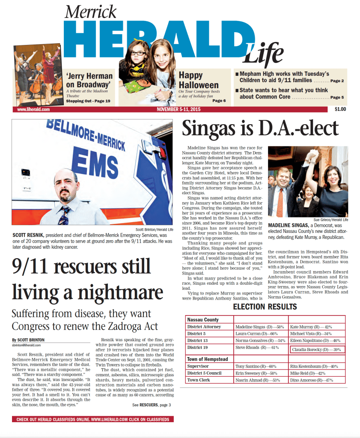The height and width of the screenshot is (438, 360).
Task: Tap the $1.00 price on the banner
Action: pyautogui.click(x=340, y=109)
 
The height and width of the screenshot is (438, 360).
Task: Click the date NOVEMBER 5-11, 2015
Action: pyautogui.click(x=179, y=110)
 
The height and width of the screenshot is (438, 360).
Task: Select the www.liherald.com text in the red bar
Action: pyautogui.click(x=33, y=110)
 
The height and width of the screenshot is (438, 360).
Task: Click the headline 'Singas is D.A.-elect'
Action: pyautogui.click(x=260, y=128)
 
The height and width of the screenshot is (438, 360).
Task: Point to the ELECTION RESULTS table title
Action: pyautogui.click(x=265, y=307)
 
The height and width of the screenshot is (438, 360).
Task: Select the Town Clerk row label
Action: pyautogui.click(x=199, y=380)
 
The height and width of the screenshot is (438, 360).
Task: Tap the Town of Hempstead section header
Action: pyautogui.click(x=208, y=359)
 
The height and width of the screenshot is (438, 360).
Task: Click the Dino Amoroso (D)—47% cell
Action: pyautogui.click(x=311, y=380)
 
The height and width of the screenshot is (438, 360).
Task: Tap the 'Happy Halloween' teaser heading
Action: pyautogui.click(x=199, y=80)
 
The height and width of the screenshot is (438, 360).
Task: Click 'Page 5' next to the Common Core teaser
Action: pyautogui.click(x=336, y=98)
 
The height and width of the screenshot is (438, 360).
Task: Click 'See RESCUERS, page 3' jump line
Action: pyautogui.click(x=152, y=405)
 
